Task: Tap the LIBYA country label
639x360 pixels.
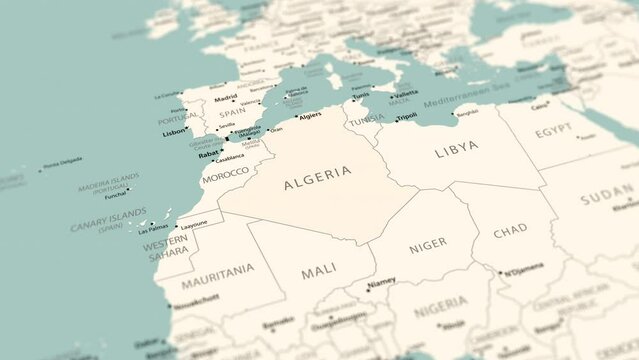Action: (456, 147)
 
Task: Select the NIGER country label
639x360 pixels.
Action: (429, 243)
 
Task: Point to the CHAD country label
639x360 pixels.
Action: (510, 230)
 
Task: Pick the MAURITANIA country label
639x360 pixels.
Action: (218, 270)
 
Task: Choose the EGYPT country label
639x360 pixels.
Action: (553, 130)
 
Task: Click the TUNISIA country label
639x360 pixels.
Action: (365, 118)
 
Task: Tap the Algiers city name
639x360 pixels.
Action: (310, 115)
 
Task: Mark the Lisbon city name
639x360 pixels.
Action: (174, 131)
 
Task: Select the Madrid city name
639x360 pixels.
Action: (226, 98)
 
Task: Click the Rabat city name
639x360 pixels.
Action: (209, 154)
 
